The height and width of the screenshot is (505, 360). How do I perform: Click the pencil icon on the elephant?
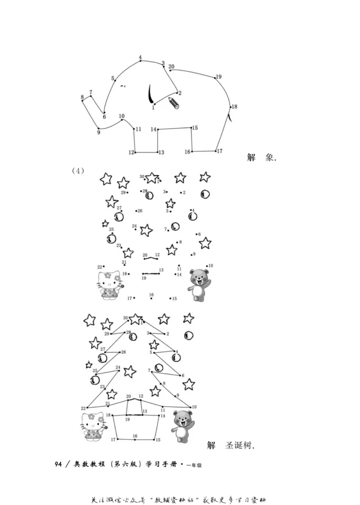point(174,103)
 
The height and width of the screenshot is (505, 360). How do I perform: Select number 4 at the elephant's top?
point(140,58)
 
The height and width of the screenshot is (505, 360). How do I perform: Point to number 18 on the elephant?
point(234,107)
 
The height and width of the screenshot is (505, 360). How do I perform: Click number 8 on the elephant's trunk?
point(82,97)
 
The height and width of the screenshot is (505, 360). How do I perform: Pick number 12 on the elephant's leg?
point(131,152)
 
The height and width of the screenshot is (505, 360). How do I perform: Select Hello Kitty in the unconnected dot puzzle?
point(109,285)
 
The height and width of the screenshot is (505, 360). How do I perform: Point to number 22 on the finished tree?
point(83,408)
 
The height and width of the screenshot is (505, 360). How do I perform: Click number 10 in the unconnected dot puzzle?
point(211,266)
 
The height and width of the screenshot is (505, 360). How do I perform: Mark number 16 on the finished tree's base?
point(135,436)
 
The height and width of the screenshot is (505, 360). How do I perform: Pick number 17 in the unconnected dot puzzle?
point(129,298)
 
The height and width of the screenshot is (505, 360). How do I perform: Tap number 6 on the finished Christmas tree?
point(183,375)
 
